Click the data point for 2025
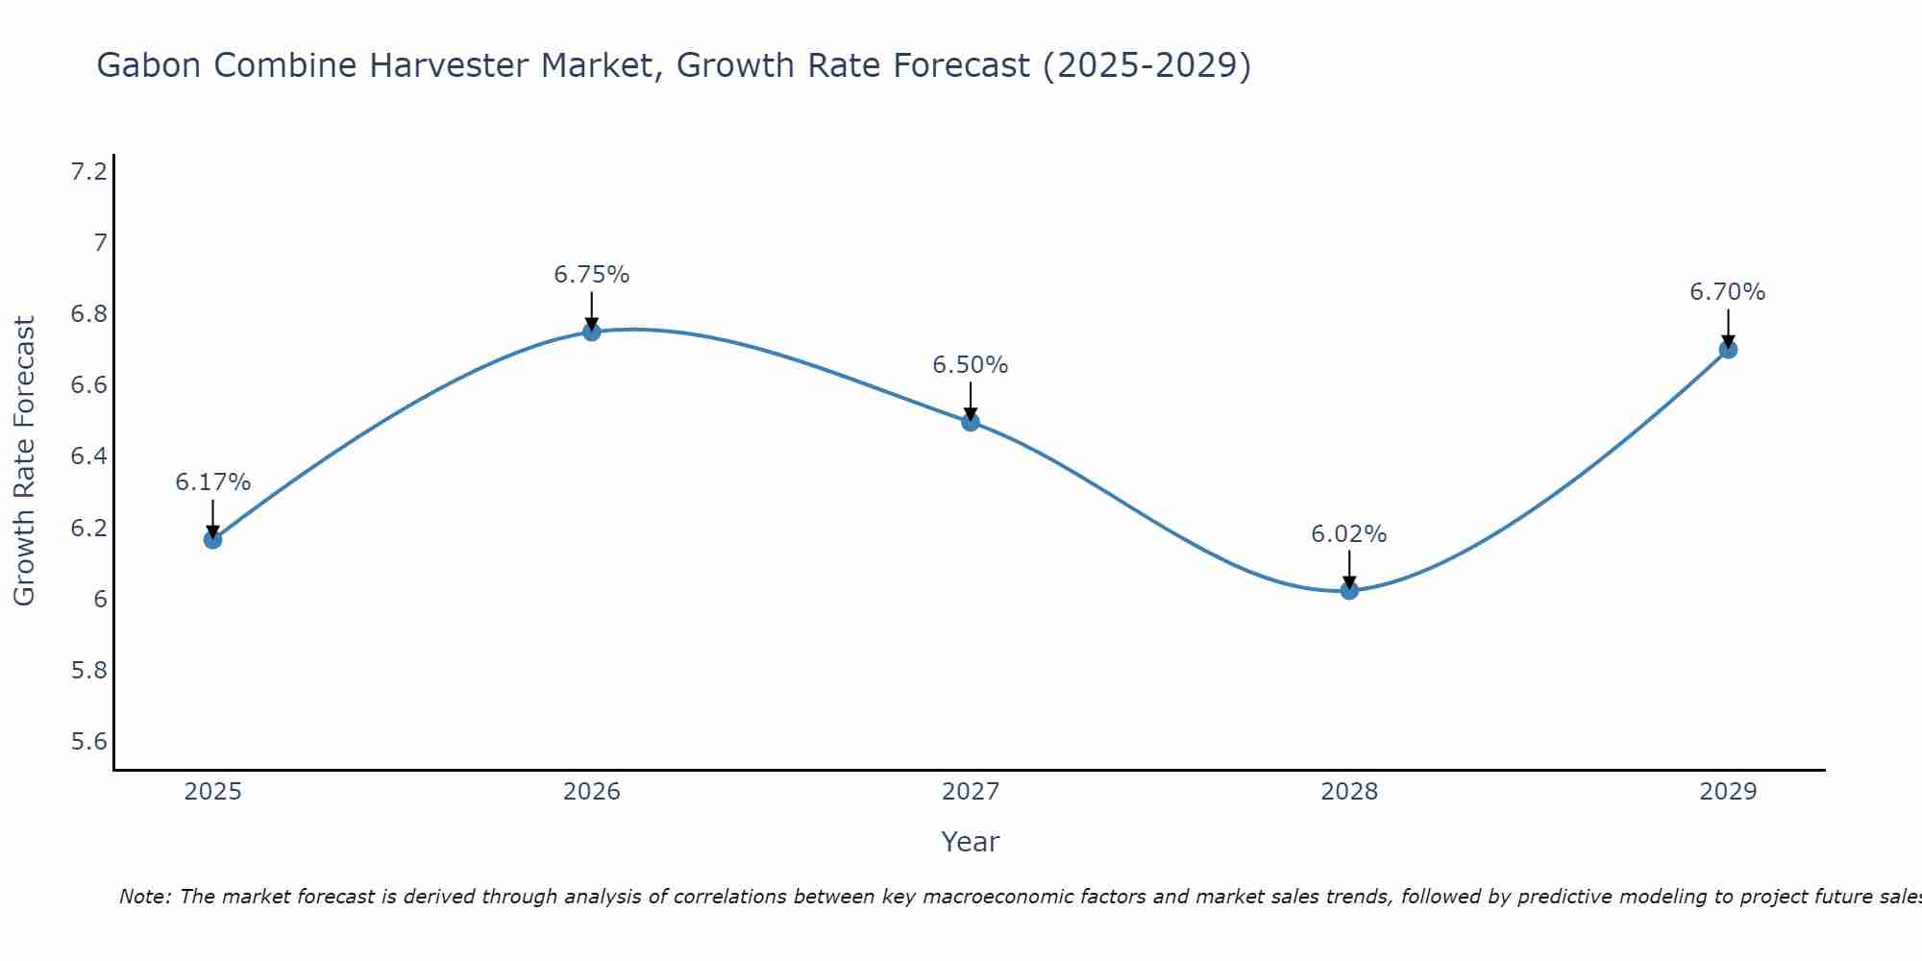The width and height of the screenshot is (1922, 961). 212,539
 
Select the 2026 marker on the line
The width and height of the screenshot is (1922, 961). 592,332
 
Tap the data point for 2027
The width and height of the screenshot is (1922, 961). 971,421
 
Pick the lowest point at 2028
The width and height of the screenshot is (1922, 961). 1349,590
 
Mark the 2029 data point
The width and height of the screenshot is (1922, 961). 1728,349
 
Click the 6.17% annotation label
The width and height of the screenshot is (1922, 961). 212,482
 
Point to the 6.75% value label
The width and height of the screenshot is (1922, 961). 592,275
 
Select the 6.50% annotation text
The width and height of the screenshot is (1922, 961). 971,365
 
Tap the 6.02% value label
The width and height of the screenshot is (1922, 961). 1349,534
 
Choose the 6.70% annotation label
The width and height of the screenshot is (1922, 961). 1728,292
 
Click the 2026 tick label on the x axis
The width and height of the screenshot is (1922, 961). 592,792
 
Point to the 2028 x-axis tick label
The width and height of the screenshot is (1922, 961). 1349,792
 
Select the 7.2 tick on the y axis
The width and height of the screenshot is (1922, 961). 89,172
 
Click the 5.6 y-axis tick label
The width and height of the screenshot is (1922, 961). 89,741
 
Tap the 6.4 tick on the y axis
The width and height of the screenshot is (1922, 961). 89,456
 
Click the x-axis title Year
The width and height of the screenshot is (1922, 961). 971,842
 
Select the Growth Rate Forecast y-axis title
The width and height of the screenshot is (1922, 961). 24,461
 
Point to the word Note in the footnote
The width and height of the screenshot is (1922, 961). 144,897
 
